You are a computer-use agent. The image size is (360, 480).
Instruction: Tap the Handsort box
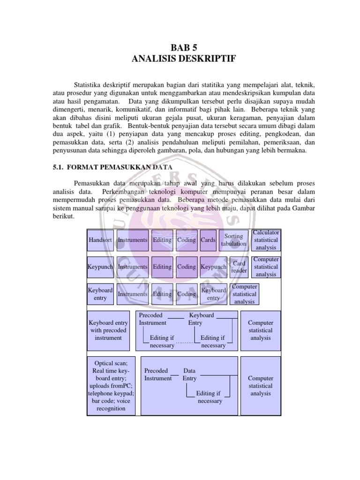click(100, 240)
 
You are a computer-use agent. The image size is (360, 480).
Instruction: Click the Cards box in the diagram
click(208, 240)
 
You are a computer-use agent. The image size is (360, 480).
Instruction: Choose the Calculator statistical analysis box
click(266, 240)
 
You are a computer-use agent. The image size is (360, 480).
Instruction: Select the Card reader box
click(239, 267)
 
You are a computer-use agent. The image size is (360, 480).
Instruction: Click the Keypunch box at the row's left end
click(100, 267)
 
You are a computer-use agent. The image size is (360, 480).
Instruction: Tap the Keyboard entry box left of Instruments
click(100, 294)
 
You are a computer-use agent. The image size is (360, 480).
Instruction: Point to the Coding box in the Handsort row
click(187, 240)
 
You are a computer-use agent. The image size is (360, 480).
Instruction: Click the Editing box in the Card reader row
click(162, 267)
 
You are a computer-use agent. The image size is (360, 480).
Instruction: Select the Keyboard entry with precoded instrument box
click(108, 330)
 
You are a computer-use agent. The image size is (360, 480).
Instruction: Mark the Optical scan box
click(111, 386)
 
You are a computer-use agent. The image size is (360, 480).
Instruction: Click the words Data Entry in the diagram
click(190, 375)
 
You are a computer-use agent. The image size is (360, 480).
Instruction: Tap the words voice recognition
click(111, 405)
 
